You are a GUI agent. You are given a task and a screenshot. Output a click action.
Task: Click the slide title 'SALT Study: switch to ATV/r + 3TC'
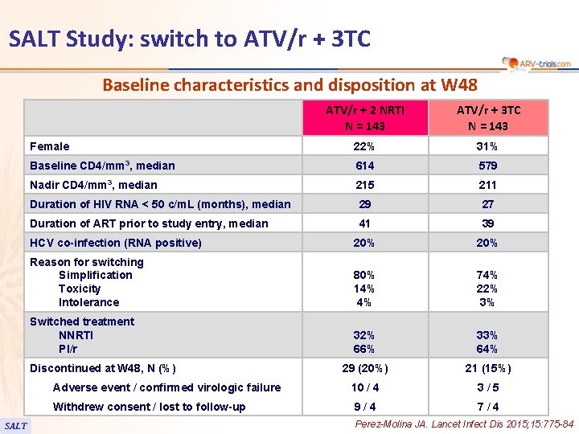190,38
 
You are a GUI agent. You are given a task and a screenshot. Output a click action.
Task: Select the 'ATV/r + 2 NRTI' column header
365,117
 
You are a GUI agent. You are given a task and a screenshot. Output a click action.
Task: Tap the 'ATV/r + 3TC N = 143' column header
488,117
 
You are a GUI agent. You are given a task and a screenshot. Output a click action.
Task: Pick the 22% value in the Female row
365,146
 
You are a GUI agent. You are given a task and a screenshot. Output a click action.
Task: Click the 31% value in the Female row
488,146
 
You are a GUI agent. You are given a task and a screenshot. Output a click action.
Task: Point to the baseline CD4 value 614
365,166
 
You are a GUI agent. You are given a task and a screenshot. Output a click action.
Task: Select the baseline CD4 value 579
488,166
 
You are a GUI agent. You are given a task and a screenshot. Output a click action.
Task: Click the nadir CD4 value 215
365,185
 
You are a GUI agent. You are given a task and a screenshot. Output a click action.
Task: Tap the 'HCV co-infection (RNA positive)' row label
116,243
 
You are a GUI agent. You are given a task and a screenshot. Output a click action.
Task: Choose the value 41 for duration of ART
365,223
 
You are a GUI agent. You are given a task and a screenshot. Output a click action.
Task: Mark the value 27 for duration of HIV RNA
488,204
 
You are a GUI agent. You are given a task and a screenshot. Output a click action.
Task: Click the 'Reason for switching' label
87,262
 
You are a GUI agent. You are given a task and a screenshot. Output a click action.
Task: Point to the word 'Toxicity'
80,289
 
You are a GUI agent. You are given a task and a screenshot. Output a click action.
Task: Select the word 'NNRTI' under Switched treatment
76,335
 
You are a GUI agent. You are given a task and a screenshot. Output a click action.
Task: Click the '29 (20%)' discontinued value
365,368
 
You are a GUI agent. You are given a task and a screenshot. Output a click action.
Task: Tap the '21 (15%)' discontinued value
488,368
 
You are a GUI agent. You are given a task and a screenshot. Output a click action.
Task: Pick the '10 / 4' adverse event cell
365,387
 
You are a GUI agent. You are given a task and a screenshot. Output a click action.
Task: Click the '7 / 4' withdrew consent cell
488,407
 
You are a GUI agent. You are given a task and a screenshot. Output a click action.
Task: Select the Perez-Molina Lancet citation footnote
464,424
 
